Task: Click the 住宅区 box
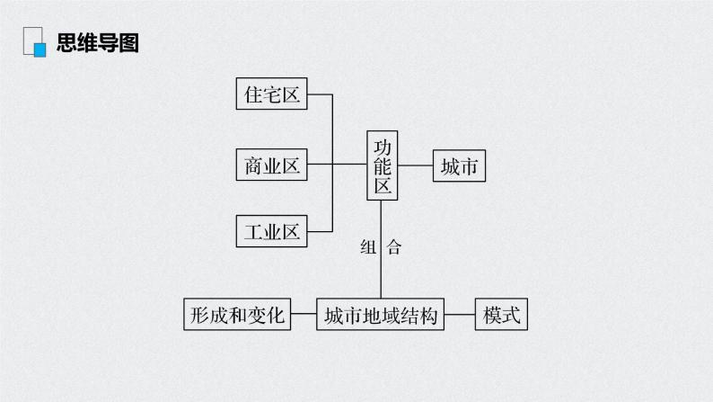point(271,94)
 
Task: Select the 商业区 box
point(271,165)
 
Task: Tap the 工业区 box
point(271,231)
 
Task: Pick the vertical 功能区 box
point(383,165)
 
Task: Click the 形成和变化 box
point(237,314)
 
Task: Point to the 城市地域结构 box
point(381,314)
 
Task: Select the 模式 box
point(501,314)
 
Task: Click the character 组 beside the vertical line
point(368,247)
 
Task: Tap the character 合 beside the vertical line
point(392,247)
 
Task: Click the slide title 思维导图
point(97,42)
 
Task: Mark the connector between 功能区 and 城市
point(416,165)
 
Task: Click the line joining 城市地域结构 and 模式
point(460,314)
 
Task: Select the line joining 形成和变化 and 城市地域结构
point(304,314)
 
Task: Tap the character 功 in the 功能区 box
point(383,147)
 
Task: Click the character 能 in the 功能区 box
point(383,166)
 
